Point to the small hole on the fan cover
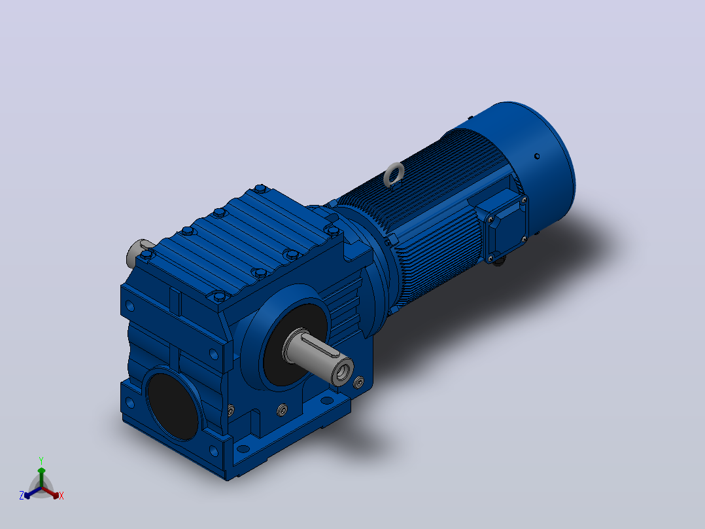(x=537, y=156)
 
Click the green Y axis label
(x=41, y=460)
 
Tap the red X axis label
(x=61, y=496)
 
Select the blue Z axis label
(x=22, y=496)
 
